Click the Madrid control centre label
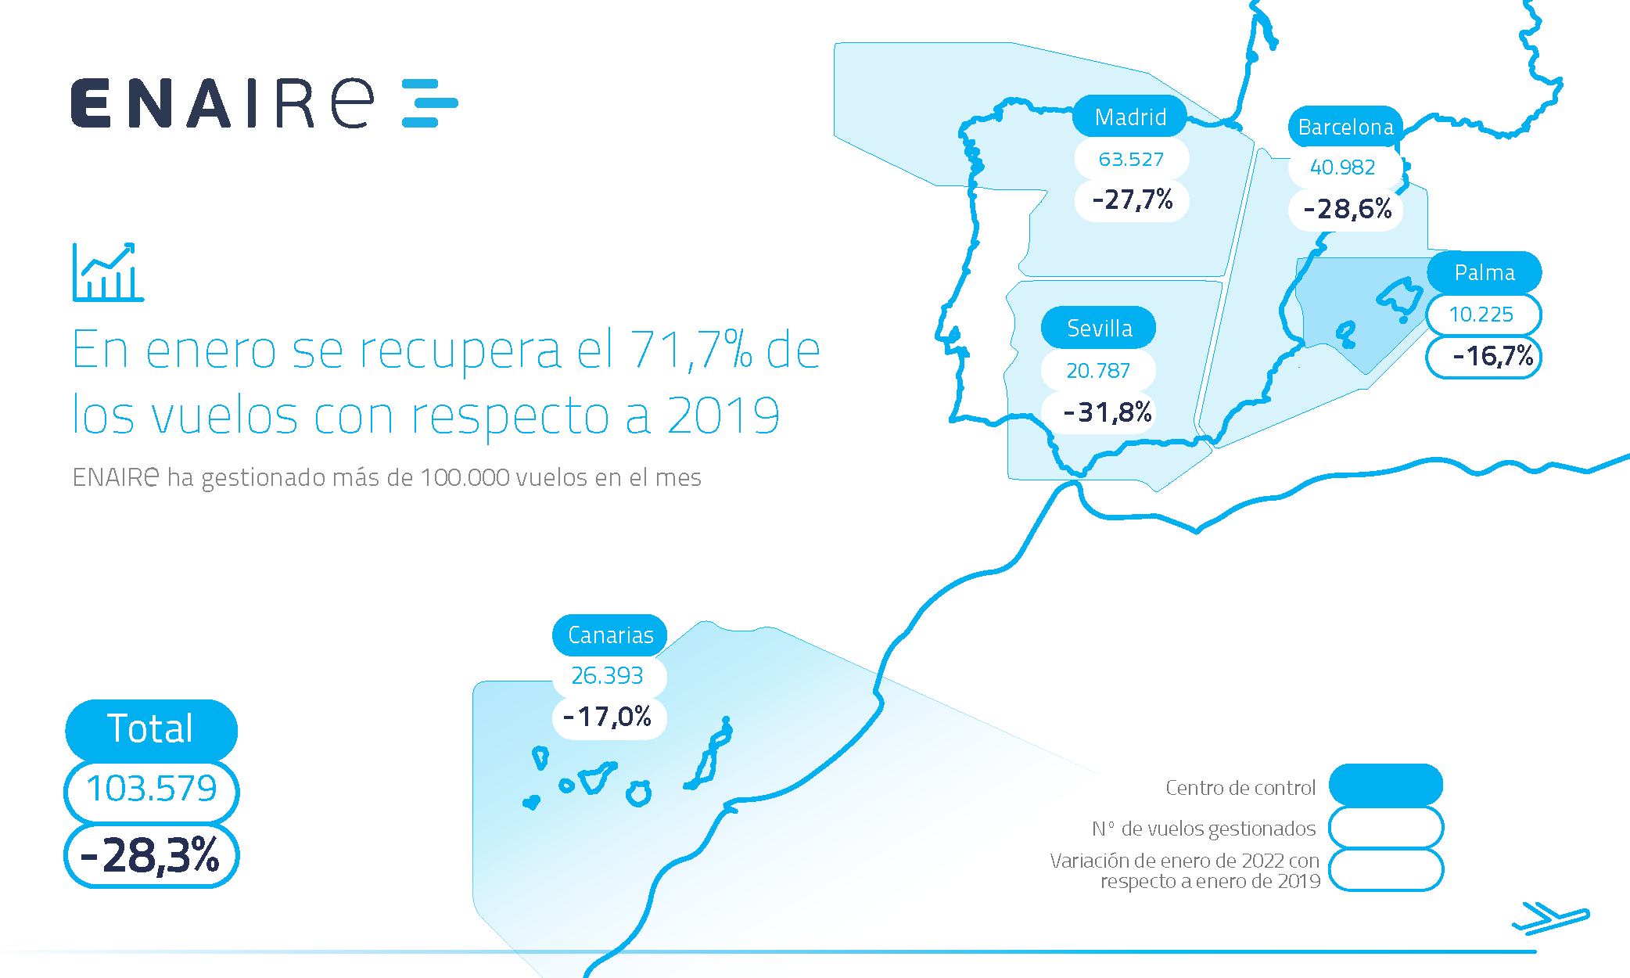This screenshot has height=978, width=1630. point(1129,117)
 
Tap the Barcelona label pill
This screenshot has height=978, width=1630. point(1345,127)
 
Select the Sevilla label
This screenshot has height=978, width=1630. point(1099,328)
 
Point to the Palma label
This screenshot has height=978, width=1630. point(1484,272)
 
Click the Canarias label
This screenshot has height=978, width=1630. point(610,635)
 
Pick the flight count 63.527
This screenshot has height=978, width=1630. point(1131,160)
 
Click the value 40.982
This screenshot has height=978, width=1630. point(1342,167)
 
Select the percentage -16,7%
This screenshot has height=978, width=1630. point(1492,357)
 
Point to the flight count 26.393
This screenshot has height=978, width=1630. point(607,675)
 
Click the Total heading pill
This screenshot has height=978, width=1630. point(151,728)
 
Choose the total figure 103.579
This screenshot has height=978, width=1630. point(151,789)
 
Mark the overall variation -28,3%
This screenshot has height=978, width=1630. point(151,855)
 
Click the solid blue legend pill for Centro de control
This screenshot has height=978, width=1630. point(1385,785)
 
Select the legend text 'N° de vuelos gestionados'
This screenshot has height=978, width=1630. point(1204,829)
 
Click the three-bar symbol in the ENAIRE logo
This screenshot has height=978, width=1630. point(429,102)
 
